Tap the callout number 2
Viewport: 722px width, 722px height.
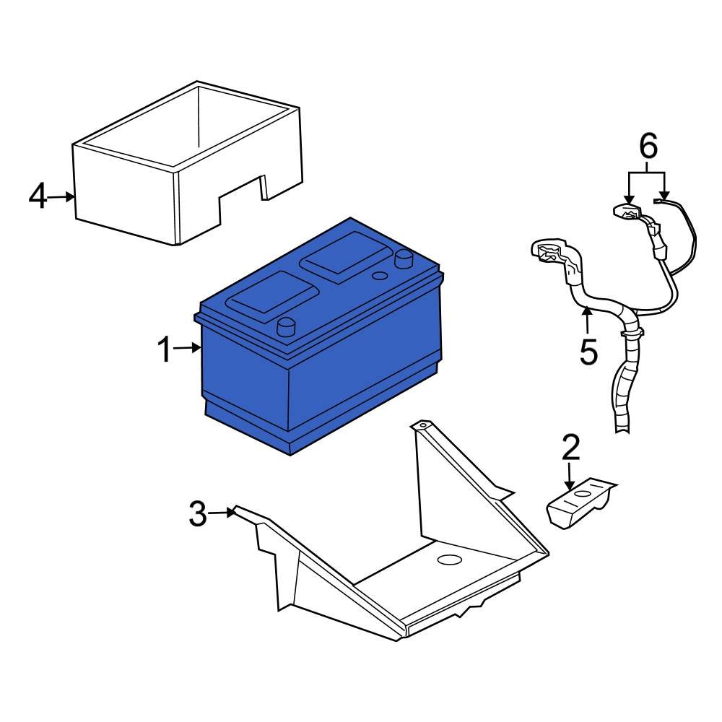[x=570, y=448]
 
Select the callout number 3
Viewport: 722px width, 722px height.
[x=198, y=514]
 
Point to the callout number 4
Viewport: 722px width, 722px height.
[x=38, y=196]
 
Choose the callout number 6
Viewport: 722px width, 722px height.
[x=648, y=147]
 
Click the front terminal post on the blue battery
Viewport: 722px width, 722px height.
[x=287, y=327]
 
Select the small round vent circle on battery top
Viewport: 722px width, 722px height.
[x=378, y=276]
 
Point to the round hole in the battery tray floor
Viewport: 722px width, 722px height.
[x=449, y=559]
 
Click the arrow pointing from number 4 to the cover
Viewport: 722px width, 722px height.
[x=64, y=196]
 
